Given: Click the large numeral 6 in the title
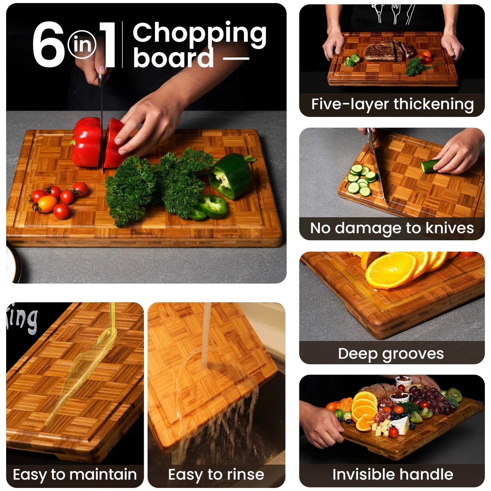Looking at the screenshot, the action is point(48,44).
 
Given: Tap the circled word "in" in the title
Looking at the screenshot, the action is point(82,45).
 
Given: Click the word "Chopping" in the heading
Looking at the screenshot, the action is point(199,34).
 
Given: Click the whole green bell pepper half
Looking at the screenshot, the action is point(230,176).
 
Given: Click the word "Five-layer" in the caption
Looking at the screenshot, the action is point(350,104).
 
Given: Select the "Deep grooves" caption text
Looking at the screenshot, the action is point(391,354).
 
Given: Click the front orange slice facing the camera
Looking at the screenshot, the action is point(390,270).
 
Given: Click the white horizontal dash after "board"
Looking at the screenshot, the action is point(236,58).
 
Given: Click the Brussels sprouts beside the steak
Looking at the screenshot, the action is point(352,60).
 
